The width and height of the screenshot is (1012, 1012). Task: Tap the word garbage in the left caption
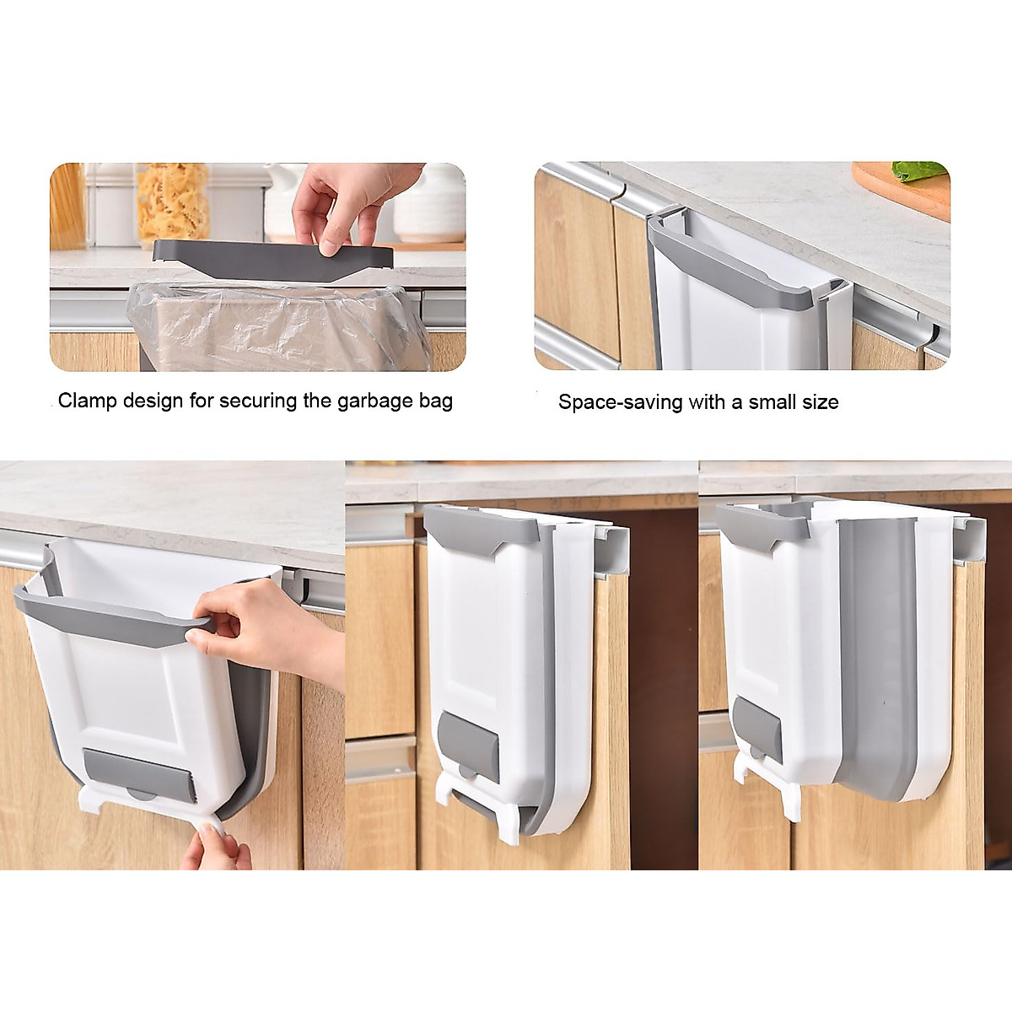point(378,401)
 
